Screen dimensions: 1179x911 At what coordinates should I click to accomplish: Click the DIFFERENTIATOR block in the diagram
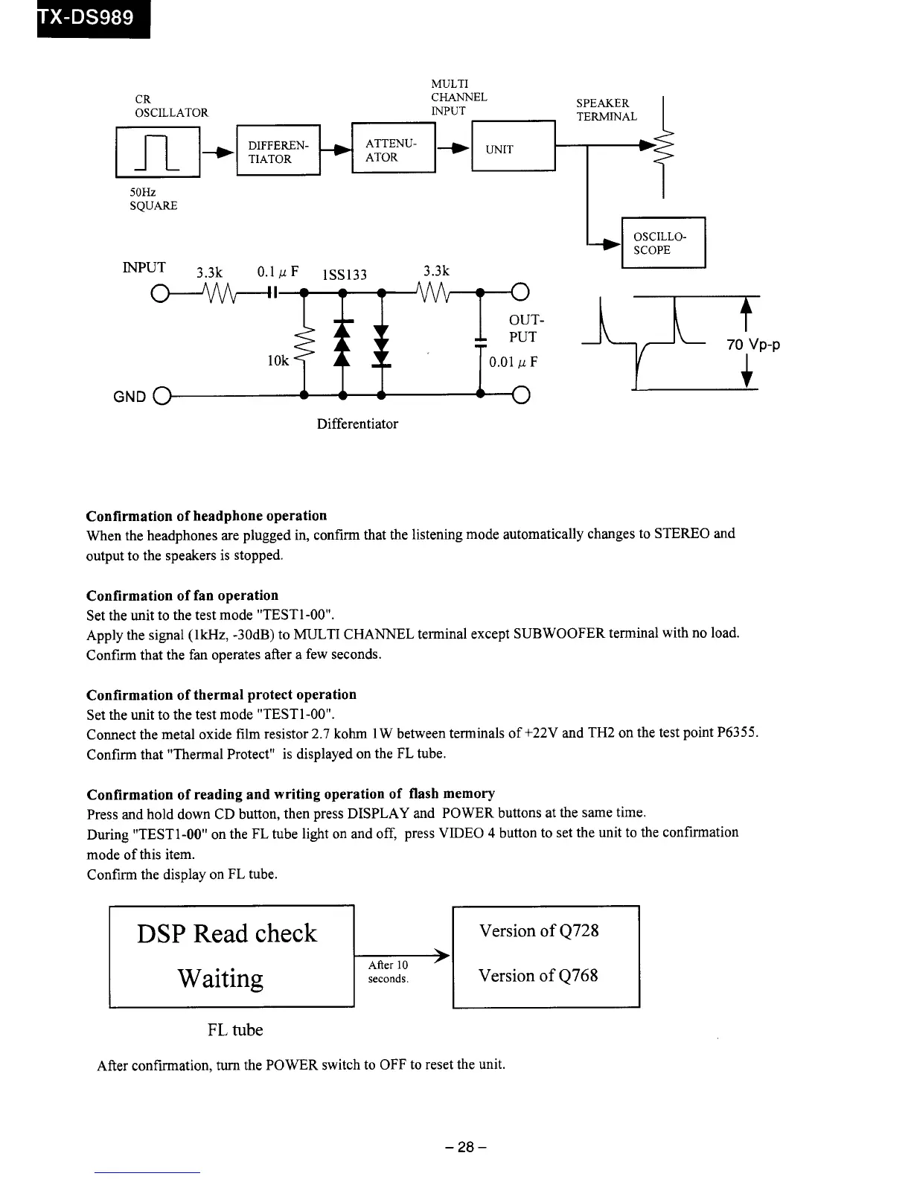278,152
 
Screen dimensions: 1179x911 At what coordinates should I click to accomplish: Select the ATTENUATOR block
393,150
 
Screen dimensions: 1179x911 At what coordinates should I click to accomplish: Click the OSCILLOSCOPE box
662,243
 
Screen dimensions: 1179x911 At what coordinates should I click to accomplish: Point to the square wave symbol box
158,152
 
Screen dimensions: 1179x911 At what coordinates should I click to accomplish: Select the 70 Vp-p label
753,345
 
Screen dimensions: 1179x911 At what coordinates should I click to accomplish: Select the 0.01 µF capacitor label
513,362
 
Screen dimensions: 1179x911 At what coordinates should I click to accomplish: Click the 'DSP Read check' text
227,933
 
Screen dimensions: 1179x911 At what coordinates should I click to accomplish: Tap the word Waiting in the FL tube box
220,978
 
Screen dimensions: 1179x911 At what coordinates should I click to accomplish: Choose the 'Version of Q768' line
538,975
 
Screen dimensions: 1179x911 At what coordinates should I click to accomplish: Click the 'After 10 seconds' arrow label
389,972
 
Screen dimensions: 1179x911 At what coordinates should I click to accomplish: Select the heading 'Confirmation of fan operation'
182,595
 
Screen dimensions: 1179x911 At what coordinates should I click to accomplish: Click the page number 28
465,1147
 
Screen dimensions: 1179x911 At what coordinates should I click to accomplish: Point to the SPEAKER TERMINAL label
607,109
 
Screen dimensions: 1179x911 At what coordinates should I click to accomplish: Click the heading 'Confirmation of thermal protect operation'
221,694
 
